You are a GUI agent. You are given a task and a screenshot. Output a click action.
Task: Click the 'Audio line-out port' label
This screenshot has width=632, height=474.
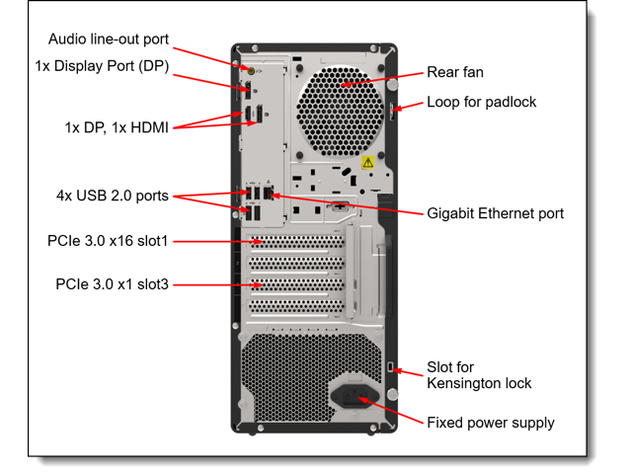(x=109, y=39)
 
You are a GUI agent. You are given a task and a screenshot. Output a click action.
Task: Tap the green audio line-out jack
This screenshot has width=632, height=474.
(x=251, y=71)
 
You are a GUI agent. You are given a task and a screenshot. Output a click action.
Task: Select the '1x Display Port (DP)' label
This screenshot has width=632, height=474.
(x=102, y=66)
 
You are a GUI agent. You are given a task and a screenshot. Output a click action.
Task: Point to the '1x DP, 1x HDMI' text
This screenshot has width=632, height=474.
(x=117, y=127)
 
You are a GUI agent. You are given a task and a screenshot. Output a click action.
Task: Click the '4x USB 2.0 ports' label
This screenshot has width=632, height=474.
(x=113, y=196)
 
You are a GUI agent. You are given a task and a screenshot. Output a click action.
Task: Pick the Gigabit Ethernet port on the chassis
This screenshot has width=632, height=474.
(x=269, y=193)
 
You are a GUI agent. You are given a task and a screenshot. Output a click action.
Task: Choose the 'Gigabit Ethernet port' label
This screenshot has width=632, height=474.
(x=496, y=213)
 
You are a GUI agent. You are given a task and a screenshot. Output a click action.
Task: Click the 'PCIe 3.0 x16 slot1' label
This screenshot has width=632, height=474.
(x=108, y=241)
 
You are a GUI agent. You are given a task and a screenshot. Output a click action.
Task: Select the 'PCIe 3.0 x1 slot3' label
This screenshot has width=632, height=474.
(x=112, y=284)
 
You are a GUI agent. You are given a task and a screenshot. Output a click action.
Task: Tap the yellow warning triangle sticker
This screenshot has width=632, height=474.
(x=367, y=162)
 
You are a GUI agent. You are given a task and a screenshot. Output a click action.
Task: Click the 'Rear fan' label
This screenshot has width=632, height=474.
(x=455, y=72)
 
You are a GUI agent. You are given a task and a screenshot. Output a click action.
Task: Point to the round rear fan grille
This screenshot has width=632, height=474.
(x=340, y=112)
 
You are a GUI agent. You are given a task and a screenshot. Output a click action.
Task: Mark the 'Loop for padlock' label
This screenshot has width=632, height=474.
(x=482, y=102)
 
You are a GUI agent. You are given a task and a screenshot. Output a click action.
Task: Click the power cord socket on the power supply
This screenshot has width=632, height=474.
(x=355, y=397)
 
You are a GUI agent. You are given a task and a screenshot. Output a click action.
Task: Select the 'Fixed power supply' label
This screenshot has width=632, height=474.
(x=491, y=423)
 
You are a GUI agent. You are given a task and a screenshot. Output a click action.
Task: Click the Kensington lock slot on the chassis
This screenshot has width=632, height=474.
(x=390, y=367)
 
